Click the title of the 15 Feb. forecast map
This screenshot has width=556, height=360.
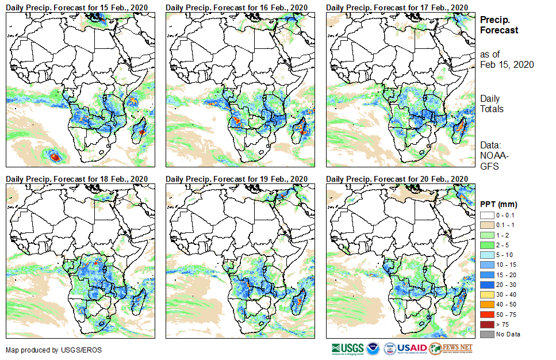[x=77, y=7]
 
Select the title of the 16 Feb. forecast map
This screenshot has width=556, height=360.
[x=237, y=7]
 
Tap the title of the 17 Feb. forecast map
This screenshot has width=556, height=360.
[x=397, y=7]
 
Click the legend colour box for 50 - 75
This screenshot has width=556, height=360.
[x=487, y=315]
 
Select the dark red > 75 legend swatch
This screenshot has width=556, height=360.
[x=487, y=324]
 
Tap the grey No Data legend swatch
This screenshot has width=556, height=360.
[x=487, y=334]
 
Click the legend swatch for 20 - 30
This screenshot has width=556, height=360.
[x=487, y=285]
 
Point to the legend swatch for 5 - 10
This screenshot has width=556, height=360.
[x=487, y=254]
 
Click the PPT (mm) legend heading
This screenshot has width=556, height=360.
[x=499, y=204]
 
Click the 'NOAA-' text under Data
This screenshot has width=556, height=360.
[x=493, y=156]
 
